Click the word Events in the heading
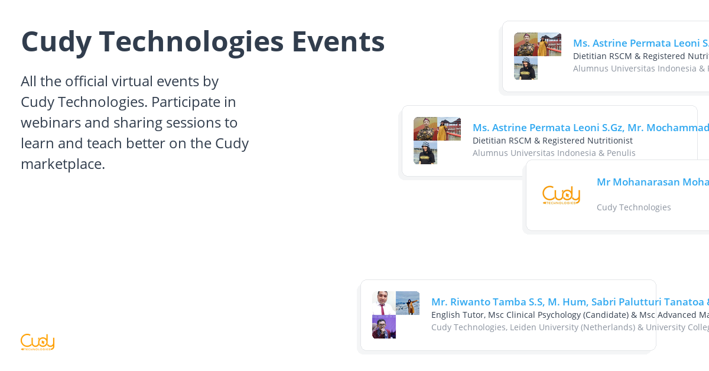338,42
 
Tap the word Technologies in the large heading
191,42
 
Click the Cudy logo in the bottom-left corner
37,342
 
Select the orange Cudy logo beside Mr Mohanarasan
561,195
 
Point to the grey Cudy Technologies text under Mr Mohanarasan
633,207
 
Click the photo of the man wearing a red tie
383,303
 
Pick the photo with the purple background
383,327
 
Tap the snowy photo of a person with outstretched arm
408,303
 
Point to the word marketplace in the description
63,164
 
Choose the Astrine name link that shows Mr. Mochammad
590,128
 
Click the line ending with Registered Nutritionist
552,141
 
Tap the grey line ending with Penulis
554,153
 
